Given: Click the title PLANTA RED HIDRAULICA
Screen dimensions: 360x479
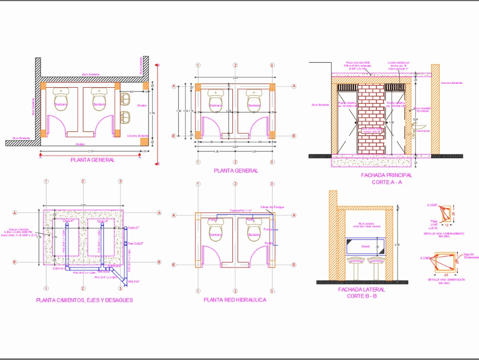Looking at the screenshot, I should [235, 300].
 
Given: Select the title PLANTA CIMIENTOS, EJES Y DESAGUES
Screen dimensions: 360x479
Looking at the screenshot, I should [84, 300].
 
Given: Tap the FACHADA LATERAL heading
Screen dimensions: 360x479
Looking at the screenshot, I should [361, 290].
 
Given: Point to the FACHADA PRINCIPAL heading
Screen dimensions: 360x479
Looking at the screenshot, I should [386, 175].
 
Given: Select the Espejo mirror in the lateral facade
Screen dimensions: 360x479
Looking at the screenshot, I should [365, 246].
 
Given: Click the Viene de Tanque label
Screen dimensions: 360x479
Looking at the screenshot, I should [272, 207].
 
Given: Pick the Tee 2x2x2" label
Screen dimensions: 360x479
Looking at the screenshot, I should [137, 244].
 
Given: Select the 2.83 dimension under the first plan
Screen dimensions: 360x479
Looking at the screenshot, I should [91, 151].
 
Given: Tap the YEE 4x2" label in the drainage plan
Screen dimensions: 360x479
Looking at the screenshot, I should [134, 281].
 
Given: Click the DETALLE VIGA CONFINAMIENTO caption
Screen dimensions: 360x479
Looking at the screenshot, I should [444, 233].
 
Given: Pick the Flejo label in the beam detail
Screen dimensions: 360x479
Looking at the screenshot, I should [433, 221].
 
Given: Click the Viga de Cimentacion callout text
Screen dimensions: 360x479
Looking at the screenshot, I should [468, 255].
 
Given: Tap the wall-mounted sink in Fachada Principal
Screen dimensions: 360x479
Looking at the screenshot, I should [416, 128].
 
